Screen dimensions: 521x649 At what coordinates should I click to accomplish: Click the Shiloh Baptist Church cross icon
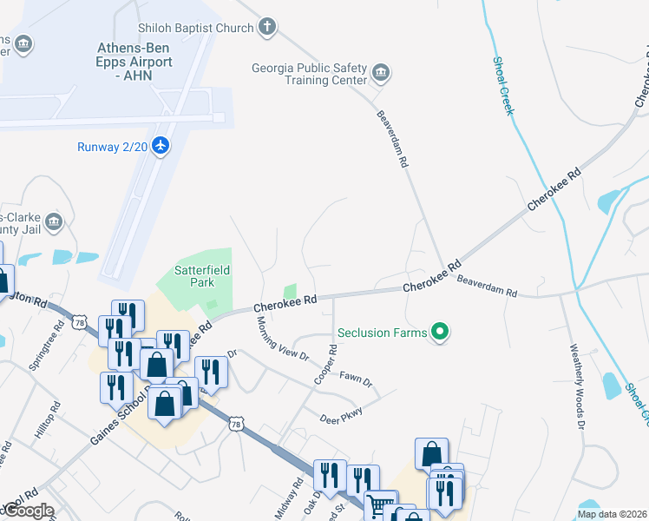point(267,28)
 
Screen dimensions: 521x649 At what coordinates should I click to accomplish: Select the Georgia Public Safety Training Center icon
point(380,71)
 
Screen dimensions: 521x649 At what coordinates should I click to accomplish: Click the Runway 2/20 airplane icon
point(160,146)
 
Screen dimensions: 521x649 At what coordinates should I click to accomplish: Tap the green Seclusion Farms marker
point(440,332)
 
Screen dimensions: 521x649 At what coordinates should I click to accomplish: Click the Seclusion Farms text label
point(382,333)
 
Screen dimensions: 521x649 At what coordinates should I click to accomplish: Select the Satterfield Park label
point(202,276)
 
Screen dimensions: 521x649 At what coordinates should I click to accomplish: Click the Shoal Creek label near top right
point(503,85)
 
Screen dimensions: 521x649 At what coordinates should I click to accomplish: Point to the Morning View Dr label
point(282,338)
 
